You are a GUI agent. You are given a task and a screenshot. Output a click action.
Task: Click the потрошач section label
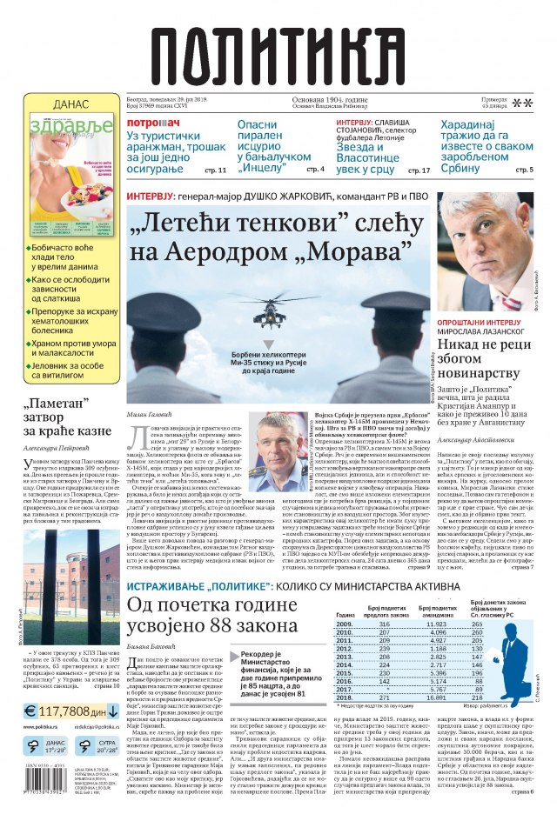pos(153,123)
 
